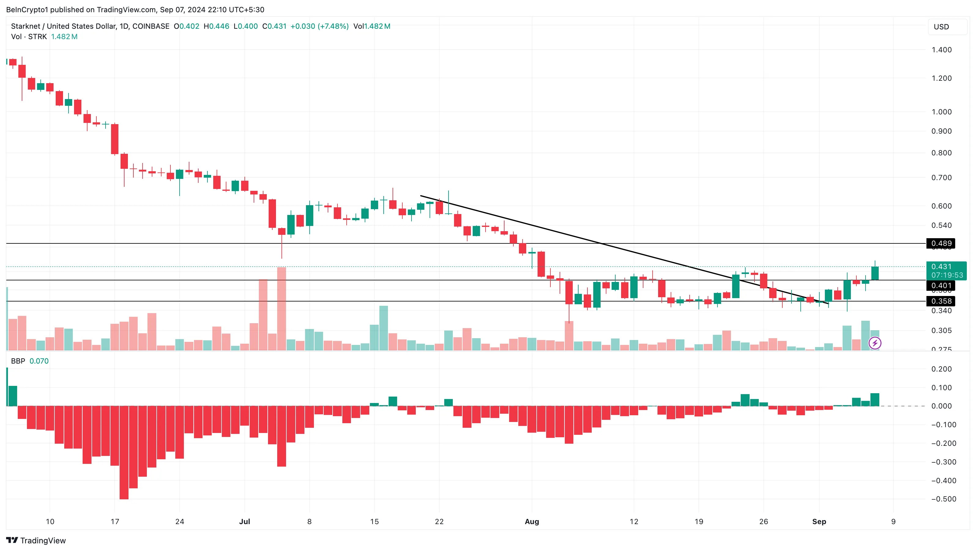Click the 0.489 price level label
tap(941, 243)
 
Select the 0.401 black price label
tap(941, 286)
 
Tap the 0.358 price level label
tap(941, 301)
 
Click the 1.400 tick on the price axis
tap(941, 50)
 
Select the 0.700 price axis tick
tap(941, 178)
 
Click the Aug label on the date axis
tap(531, 521)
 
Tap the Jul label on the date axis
tap(244, 521)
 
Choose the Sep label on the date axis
tap(819, 521)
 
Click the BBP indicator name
tap(18, 361)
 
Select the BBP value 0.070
tap(39, 361)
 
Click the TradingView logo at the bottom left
tap(36, 540)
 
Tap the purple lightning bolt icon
tap(875, 343)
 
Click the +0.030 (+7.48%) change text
tap(319, 26)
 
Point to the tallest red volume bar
tap(281, 308)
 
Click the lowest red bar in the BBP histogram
tap(124, 453)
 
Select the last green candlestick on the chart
tap(875, 273)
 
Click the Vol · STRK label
tap(29, 37)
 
